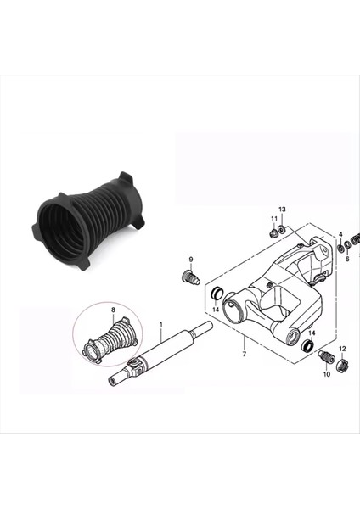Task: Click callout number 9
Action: point(191,259)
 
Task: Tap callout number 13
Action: point(282,209)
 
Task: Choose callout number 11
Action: point(274,219)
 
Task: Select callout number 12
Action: point(342,350)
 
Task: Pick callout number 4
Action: point(340,234)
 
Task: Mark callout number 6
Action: point(346,259)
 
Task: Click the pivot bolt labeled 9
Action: point(189,276)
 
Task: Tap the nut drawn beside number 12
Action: point(344,365)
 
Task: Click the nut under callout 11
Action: point(273,232)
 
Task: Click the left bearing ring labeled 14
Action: point(217,294)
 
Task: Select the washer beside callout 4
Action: point(340,248)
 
